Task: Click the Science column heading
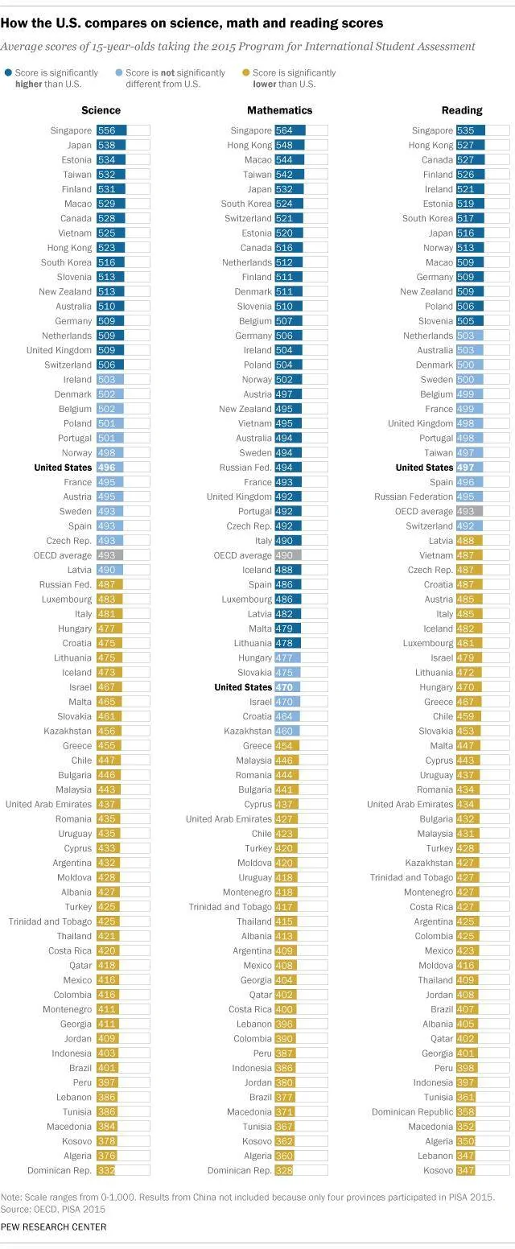(101, 110)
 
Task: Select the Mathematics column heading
(280, 110)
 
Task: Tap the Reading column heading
(462, 110)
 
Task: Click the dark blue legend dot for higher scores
(8, 72)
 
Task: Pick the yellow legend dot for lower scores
(245, 72)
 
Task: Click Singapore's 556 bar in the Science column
(112, 130)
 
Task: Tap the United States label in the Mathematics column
(243, 687)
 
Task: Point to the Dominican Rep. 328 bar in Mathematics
(284, 1170)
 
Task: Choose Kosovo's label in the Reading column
(438, 1170)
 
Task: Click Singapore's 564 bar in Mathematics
(290, 130)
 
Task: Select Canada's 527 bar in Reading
(471, 159)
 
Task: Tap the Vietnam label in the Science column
(75, 233)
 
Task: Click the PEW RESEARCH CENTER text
(53, 1227)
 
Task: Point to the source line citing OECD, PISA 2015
(53, 1210)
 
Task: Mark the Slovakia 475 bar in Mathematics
(287, 673)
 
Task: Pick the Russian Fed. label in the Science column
(65, 584)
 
